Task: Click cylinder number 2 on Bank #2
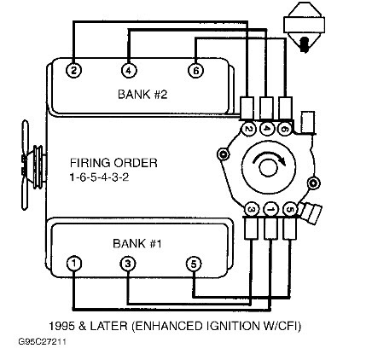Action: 73,71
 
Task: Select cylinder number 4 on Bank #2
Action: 128,71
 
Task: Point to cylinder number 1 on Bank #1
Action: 74,264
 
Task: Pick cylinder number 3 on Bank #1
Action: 128,264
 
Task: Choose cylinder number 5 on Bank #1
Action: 194,264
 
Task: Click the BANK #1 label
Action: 137,243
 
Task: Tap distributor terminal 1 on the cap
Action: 269,209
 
